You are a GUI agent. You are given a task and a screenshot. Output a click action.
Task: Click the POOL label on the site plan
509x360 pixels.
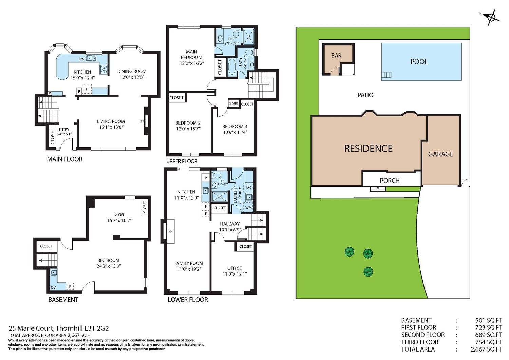419,62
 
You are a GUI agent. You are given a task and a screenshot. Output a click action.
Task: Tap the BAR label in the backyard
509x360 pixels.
336,55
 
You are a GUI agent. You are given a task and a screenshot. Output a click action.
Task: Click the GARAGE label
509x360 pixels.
440,154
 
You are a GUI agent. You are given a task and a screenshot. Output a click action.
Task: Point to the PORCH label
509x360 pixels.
390,181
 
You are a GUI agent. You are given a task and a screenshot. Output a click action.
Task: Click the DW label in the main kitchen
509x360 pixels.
81,59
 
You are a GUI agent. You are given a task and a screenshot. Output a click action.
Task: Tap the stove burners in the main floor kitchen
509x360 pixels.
103,69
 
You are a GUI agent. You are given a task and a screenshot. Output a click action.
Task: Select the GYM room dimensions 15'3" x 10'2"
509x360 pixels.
119,220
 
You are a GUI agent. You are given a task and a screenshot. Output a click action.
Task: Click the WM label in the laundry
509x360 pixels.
249,208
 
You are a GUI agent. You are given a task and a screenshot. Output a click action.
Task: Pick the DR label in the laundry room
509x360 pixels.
248,187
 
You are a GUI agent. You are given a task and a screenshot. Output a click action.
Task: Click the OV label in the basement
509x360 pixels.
53,287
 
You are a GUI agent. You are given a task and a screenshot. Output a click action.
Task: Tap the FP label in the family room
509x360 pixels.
170,231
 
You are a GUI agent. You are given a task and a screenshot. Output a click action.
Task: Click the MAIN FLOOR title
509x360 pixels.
65,159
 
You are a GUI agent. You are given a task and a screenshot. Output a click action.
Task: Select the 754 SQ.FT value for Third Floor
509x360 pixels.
489,342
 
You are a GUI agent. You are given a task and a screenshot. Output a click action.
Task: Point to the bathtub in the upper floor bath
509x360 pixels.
232,67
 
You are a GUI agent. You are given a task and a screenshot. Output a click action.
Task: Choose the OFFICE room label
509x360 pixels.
234,268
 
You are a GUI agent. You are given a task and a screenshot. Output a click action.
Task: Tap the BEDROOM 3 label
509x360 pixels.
235,126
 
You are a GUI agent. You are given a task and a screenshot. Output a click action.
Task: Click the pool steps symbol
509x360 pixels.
387,75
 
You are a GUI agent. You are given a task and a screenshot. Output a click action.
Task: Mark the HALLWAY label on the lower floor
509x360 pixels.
230,224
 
